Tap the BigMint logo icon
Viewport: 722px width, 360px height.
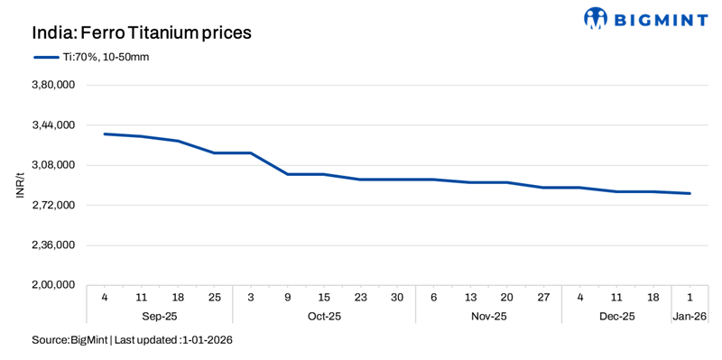click(597, 17)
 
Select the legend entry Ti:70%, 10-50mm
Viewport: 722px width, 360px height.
click(97, 57)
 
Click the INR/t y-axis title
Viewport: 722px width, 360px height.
click(18, 185)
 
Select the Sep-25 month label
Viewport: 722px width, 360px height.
click(159, 317)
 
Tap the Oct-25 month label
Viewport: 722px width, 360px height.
click(324, 317)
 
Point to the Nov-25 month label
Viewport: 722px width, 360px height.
click(488, 317)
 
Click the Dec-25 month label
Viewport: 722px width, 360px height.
click(616, 317)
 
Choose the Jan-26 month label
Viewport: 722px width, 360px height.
click(690, 317)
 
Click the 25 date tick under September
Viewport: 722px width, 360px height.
click(215, 298)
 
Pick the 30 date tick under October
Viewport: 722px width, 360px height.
click(397, 298)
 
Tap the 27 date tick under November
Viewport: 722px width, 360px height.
click(543, 298)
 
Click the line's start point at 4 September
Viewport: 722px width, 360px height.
click(105, 134)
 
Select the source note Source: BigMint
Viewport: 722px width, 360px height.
click(70, 340)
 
